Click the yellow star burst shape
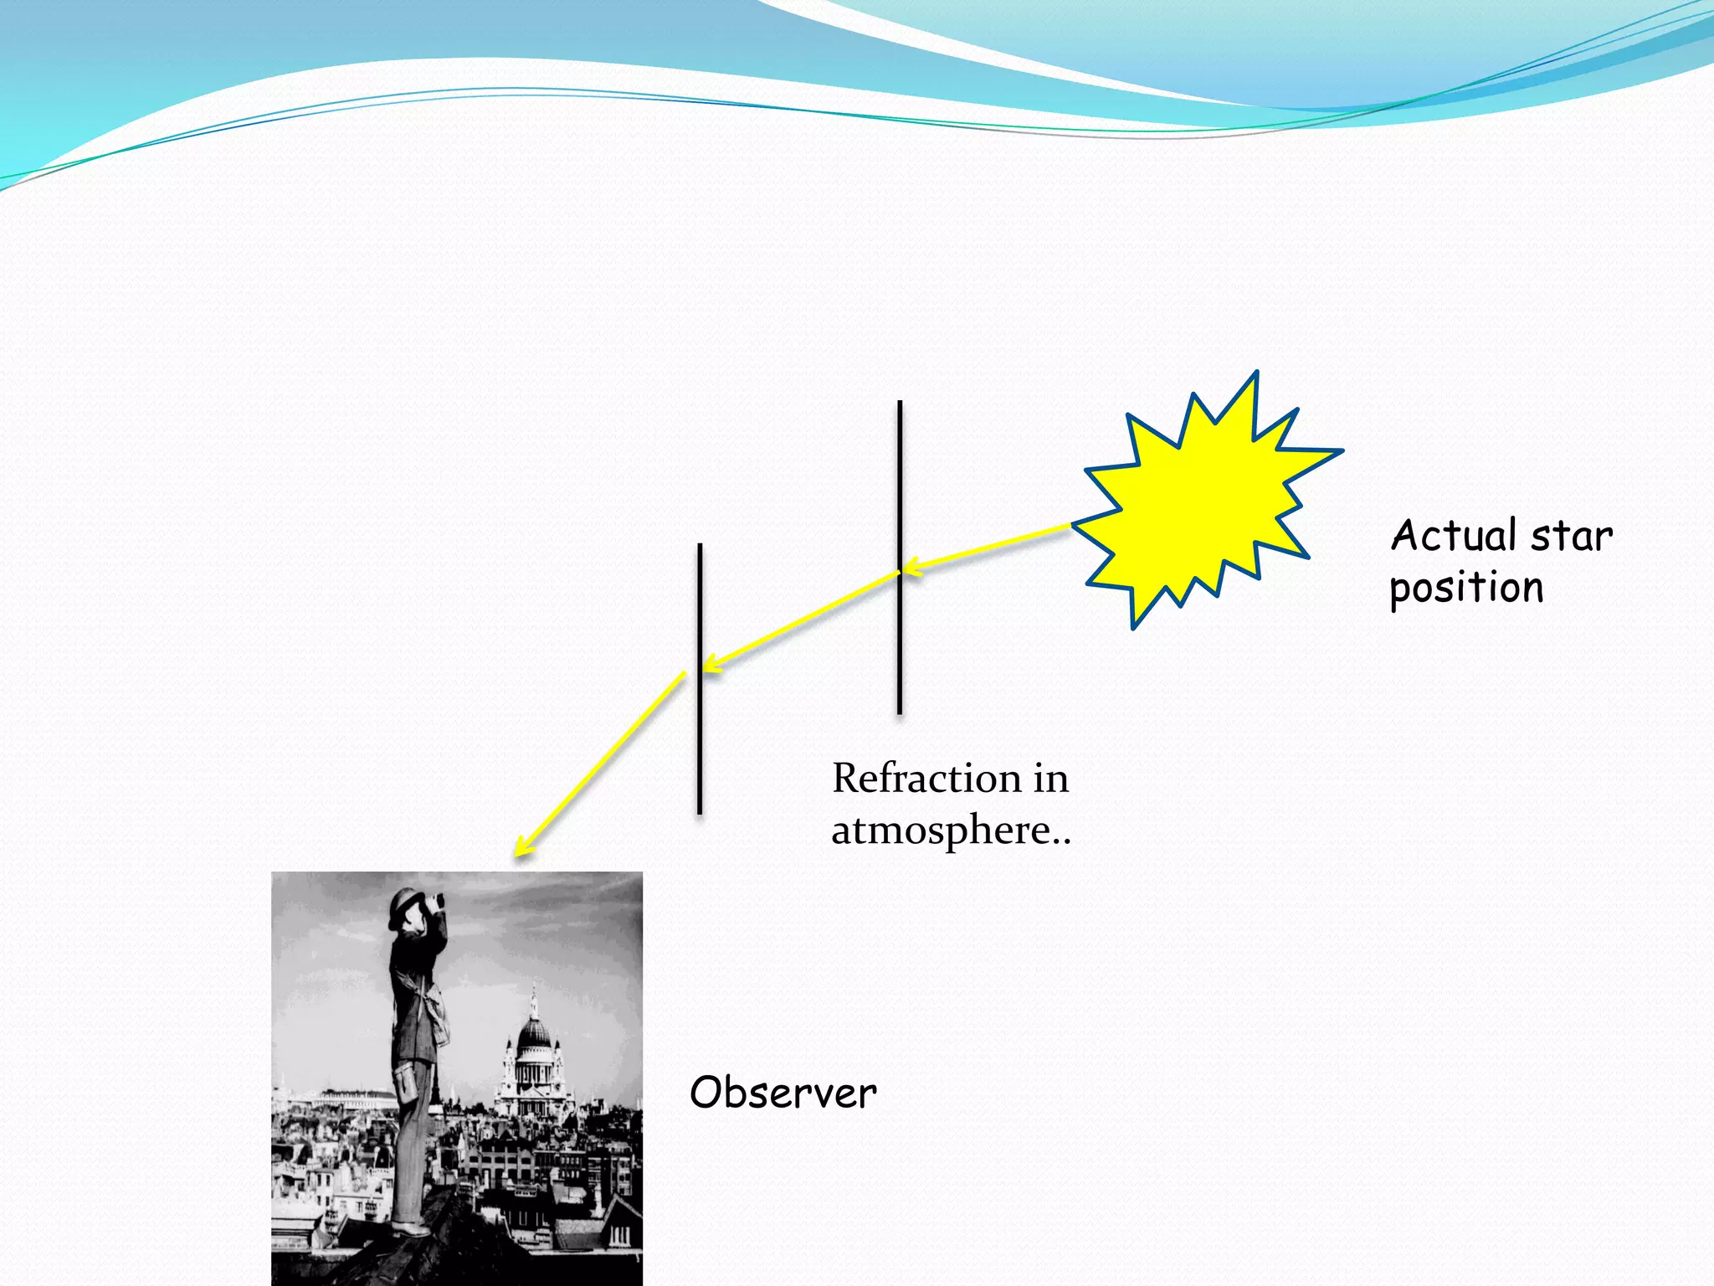tap(1197, 502)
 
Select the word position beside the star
tap(1466, 588)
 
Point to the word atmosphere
tap(942, 831)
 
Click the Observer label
tap(783, 1093)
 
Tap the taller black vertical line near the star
tap(900, 469)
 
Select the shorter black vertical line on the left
tap(700, 754)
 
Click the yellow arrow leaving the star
tap(988, 548)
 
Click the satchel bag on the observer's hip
tap(408, 1085)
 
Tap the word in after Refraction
tap(1050, 779)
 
